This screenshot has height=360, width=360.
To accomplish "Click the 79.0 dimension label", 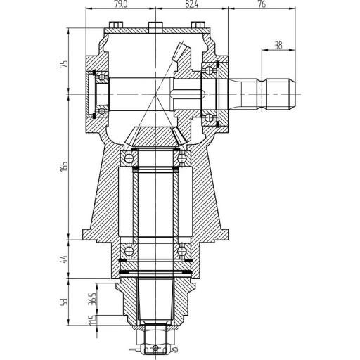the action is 122,4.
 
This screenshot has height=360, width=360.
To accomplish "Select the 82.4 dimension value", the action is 191,4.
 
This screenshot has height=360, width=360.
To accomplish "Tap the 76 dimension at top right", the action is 262,4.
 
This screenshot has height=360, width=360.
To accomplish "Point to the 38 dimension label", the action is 278,46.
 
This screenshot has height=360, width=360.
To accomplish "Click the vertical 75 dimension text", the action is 64,64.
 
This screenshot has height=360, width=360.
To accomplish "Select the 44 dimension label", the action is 64,259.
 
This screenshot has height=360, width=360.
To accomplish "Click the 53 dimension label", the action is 64,302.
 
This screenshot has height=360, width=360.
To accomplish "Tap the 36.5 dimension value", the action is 92,298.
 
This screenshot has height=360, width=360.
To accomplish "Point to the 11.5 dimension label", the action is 92,320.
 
